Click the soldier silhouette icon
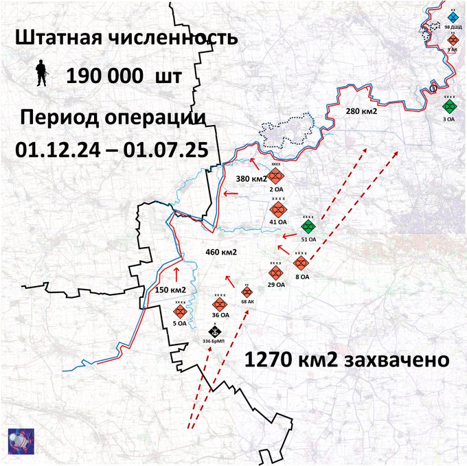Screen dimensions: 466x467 click(x=41, y=73)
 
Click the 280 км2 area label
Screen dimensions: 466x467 click(x=362, y=111)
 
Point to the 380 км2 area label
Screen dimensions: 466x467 click(x=251, y=179)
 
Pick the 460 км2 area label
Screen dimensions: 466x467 click(x=220, y=252)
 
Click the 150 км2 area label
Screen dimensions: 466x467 click(x=170, y=290)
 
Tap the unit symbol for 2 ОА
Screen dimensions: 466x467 click(x=277, y=176)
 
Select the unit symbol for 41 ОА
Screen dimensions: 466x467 click(x=278, y=209)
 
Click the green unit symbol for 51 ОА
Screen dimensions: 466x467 click(x=308, y=226)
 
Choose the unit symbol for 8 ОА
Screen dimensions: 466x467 click(x=301, y=263)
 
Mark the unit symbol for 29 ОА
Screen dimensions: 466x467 click(x=275, y=272)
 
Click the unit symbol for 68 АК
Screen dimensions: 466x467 click(x=247, y=292)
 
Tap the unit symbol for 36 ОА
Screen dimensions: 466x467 click(x=220, y=304)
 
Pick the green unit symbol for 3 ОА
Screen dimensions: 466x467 click(x=449, y=108)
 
